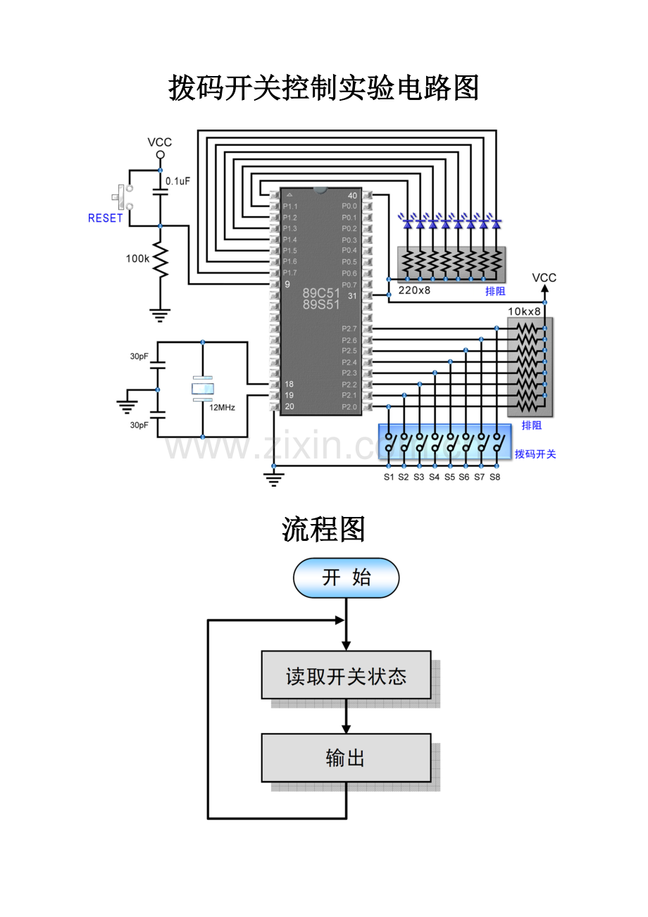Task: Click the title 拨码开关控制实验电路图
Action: (x=323, y=89)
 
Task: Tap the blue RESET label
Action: (x=105, y=218)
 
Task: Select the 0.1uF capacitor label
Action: (x=177, y=181)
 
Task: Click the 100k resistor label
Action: (x=137, y=258)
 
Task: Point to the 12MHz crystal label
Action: (x=221, y=407)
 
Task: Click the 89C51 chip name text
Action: (x=321, y=293)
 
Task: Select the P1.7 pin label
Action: (x=289, y=273)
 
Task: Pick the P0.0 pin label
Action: (x=349, y=206)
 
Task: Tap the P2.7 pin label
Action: (x=349, y=329)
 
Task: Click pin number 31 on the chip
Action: (x=352, y=296)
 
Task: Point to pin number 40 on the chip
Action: (x=352, y=195)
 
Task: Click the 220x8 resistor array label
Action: (x=414, y=290)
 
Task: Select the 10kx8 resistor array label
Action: (x=525, y=311)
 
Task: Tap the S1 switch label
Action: (x=389, y=477)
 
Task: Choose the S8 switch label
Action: (x=494, y=477)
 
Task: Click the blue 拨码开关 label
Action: (x=535, y=454)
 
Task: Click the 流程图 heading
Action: (x=323, y=529)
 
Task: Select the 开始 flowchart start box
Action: (x=346, y=578)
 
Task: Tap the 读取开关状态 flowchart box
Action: (x=346, y=675)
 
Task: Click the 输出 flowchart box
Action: (x=346, y=758)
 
